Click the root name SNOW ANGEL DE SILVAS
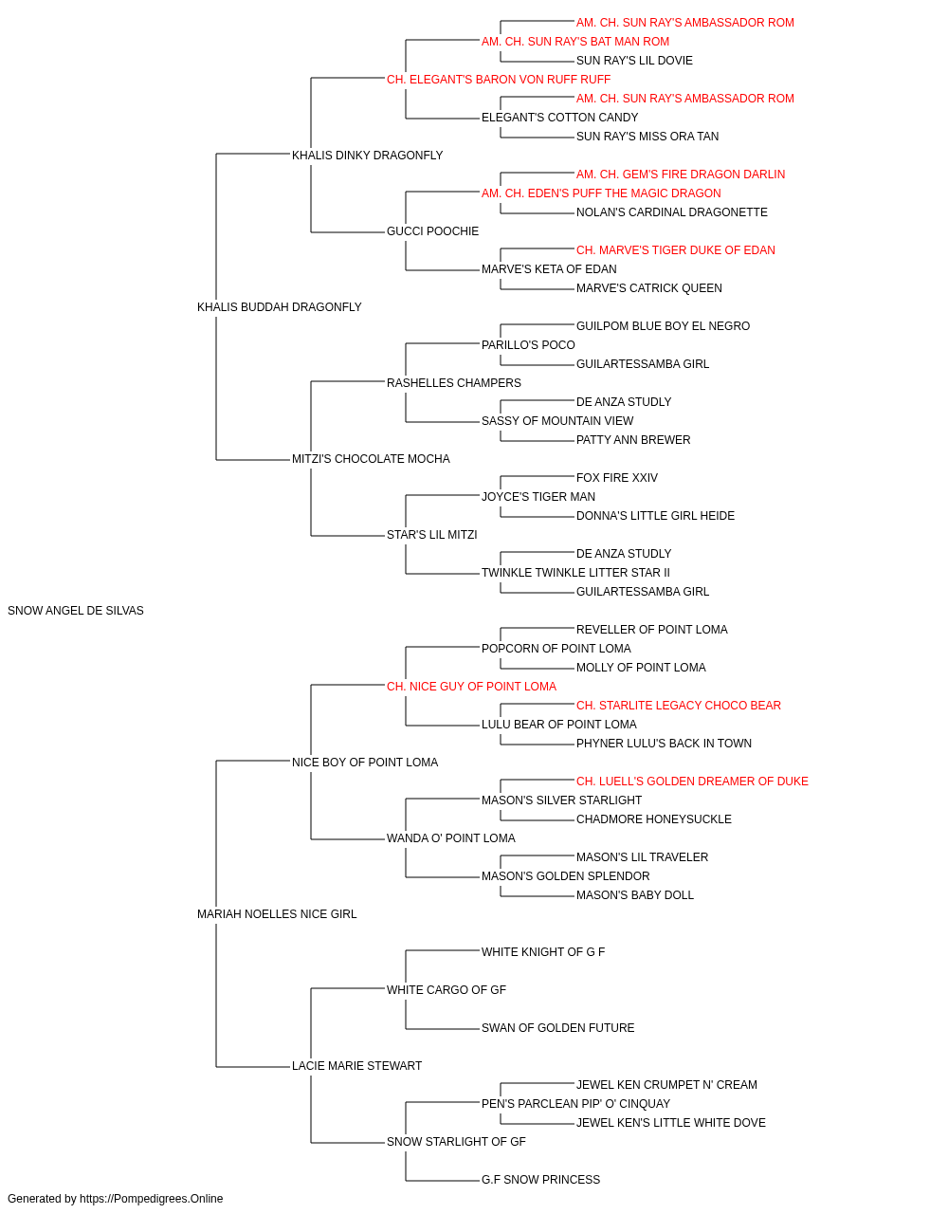tap(76, 611)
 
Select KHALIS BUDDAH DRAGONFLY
tap(279, 307)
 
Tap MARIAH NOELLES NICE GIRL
tap(277, 914)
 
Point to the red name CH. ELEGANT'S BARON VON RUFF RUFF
tap(499, 80)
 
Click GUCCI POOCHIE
tap(432, 231)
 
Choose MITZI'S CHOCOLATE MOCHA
tap(371, 459)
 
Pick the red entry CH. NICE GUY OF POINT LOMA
tap(472, 687)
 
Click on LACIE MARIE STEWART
tap(356, 1066)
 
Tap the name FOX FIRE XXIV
tap(617, 478)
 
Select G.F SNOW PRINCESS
tap(541, 1180)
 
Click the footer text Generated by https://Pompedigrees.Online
tap(115, 1199)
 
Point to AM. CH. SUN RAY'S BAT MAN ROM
tap(575, 42)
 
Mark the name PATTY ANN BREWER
tap(633, 440)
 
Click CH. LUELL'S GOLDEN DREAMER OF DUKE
tap(692, 781)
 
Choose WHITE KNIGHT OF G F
tap(543, 952)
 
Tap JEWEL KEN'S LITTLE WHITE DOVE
tap(671, 1123)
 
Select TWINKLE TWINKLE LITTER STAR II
tap(575, 573)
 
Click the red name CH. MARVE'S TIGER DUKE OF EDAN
tap(676, 250)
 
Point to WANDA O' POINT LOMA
tap(451, 838)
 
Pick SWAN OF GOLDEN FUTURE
tap(557, 1028)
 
